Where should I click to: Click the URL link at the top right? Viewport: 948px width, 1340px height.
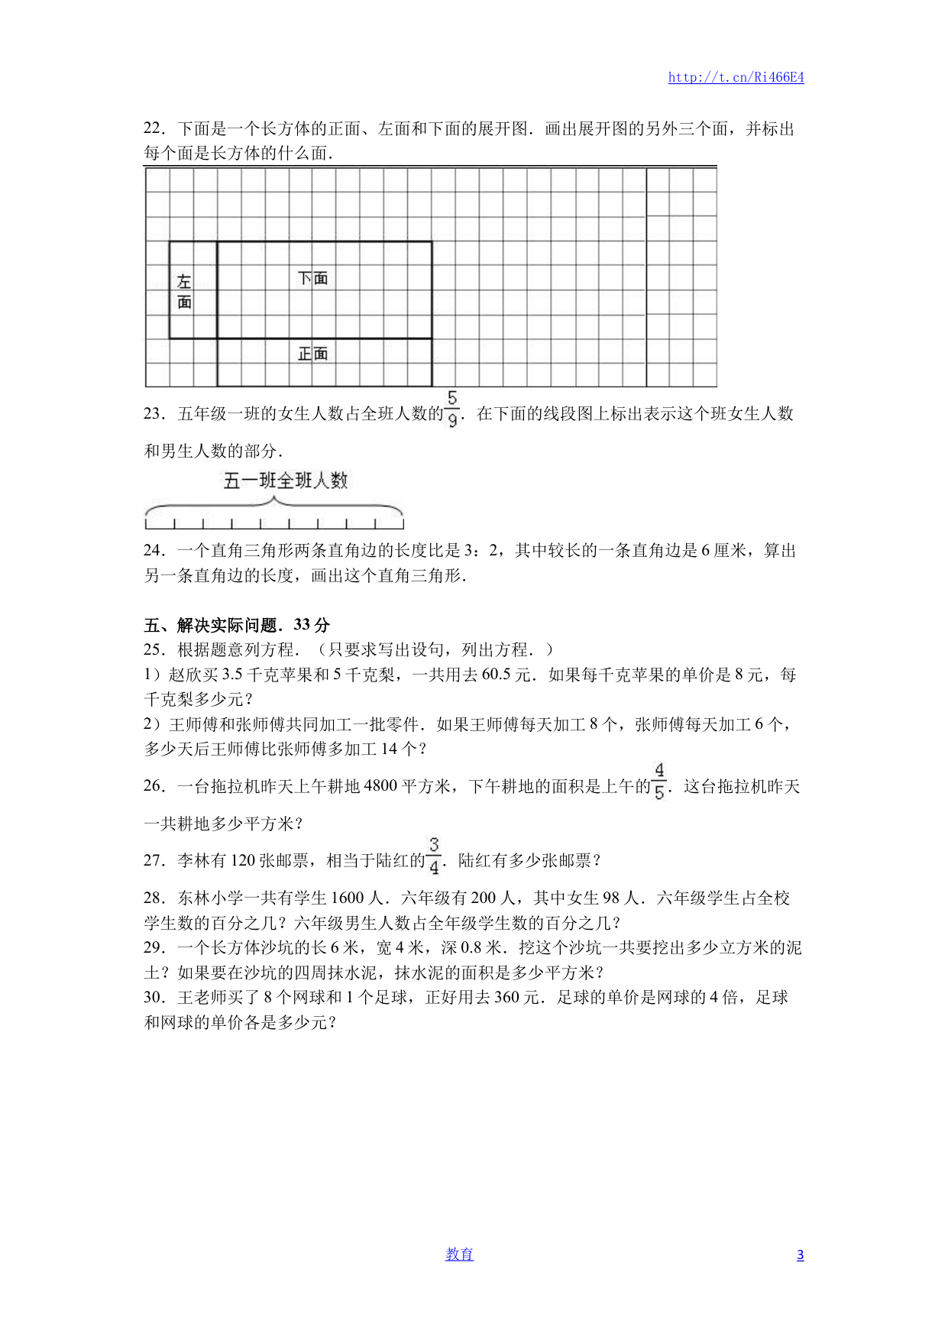[x=736, y=77]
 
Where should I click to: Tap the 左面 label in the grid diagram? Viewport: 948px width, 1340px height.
[x=184, y=292]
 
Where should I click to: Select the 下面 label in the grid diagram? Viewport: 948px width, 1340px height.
[x=312, y=278]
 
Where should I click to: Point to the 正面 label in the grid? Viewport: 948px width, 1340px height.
[x=312, y=354]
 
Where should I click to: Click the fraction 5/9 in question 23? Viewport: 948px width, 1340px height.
[x=452, y=409]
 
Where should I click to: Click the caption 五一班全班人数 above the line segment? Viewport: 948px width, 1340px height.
[x=286, y=481]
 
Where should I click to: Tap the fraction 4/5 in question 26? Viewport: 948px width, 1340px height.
[x=659, y=782]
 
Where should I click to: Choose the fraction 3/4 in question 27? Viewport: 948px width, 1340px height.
[x=434, y=856]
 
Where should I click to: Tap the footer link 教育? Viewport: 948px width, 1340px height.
[x=459, y=1254]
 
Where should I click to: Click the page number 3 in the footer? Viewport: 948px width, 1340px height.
[x=800, y=1255]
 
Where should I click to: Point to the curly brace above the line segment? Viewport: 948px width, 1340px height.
[x=273, y=507]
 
